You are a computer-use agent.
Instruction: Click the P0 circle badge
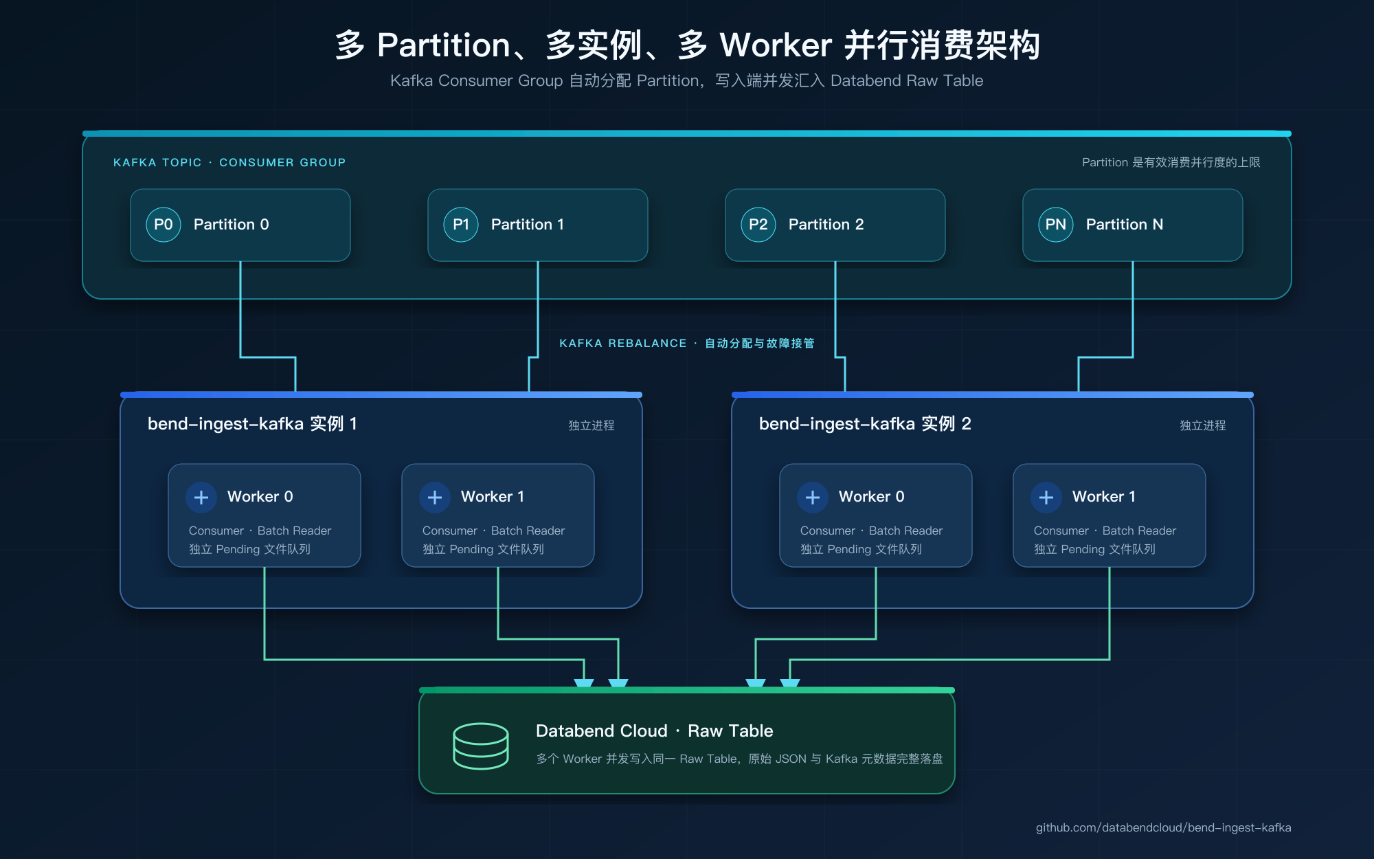(x=164, y=225)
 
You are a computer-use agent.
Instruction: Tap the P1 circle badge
(x=461, y=225)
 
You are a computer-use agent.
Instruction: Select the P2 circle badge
(x=758, y=225)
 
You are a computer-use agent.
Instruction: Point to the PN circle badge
(x=1056, y=225)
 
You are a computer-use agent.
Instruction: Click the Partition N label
(x=1125, y=225)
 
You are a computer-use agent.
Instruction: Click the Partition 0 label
(x=232, y=225)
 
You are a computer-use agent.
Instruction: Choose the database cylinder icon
(x=481, y=746)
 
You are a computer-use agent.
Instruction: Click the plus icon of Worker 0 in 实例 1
(x=201, y=497)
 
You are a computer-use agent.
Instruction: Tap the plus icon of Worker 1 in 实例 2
(x=1046, y=497)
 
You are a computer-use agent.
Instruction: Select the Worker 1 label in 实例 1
(x=493, y=497)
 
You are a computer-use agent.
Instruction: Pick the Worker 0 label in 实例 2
(x=872, y=497)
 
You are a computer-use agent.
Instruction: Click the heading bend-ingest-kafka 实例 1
(x=252, y=424)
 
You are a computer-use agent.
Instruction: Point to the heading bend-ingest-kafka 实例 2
(x=865, y=424)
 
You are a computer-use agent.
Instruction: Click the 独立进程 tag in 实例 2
(x=1203, y=425)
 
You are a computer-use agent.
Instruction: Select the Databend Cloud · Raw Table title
(x=655, y=730)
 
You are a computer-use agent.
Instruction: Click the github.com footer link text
(x=1164, y=827)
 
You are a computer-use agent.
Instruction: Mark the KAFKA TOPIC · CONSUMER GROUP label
(x=229, y=162)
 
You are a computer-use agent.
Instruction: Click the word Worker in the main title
(x=776, y=45)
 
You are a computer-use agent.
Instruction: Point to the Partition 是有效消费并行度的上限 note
(x=1171, y=162)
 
